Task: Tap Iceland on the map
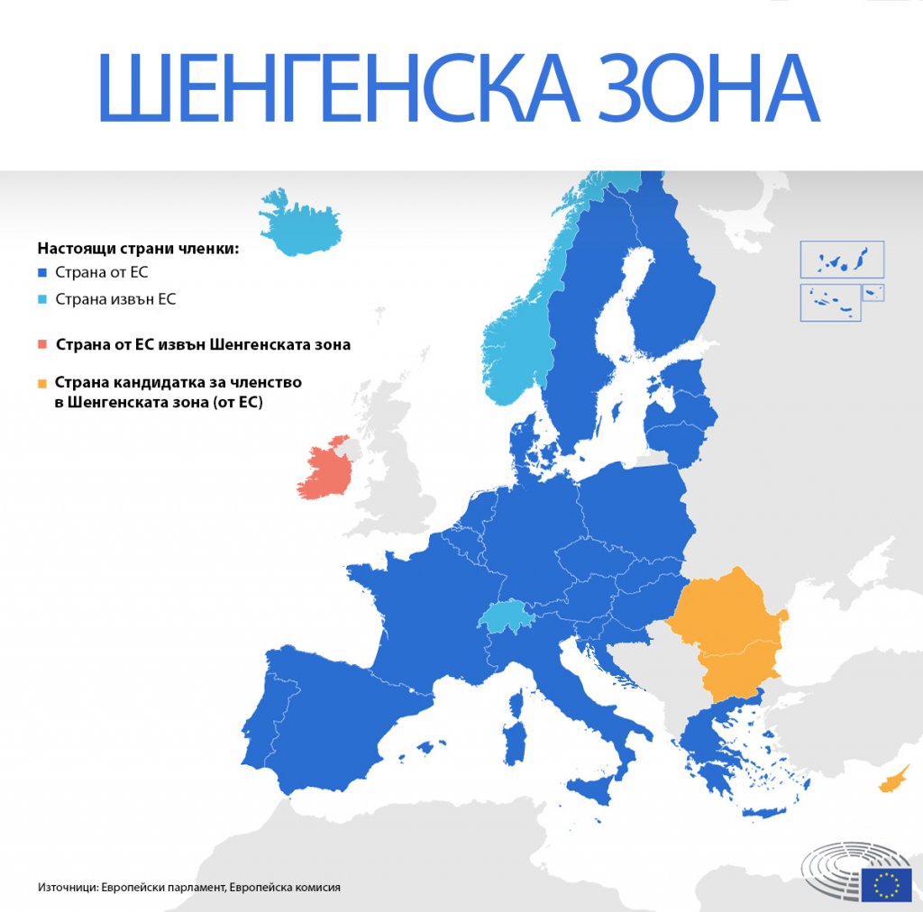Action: [303, 225]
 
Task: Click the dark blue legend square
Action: [42, 273]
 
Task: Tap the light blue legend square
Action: [42, 299]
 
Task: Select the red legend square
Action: [42, 344]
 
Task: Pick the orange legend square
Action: [42, 383]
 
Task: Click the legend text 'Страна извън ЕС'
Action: [115, 299]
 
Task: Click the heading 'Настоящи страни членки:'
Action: [138, 248]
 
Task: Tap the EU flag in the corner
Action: [886, 885]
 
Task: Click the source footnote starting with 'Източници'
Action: [189, 887]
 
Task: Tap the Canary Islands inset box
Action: [842, 260]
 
